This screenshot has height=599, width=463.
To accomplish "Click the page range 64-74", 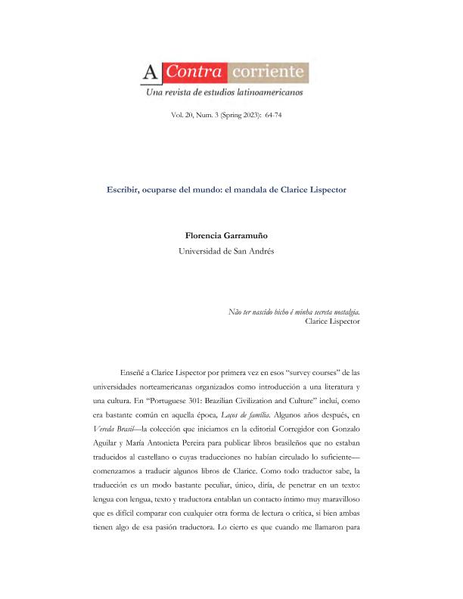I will coord(273,115).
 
